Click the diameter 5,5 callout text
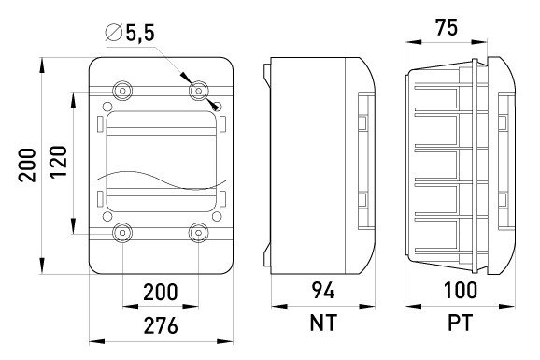click(130, 33)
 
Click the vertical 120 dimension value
click(58, 162)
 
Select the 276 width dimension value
click(161, 325)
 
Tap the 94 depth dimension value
click(323, 291)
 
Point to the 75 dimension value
click(447, 27)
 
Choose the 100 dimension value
click(460, 291)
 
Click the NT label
click(323, 324)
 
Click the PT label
click(460, 324)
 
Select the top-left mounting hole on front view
click(122, 91)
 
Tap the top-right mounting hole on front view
click(199, 91)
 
